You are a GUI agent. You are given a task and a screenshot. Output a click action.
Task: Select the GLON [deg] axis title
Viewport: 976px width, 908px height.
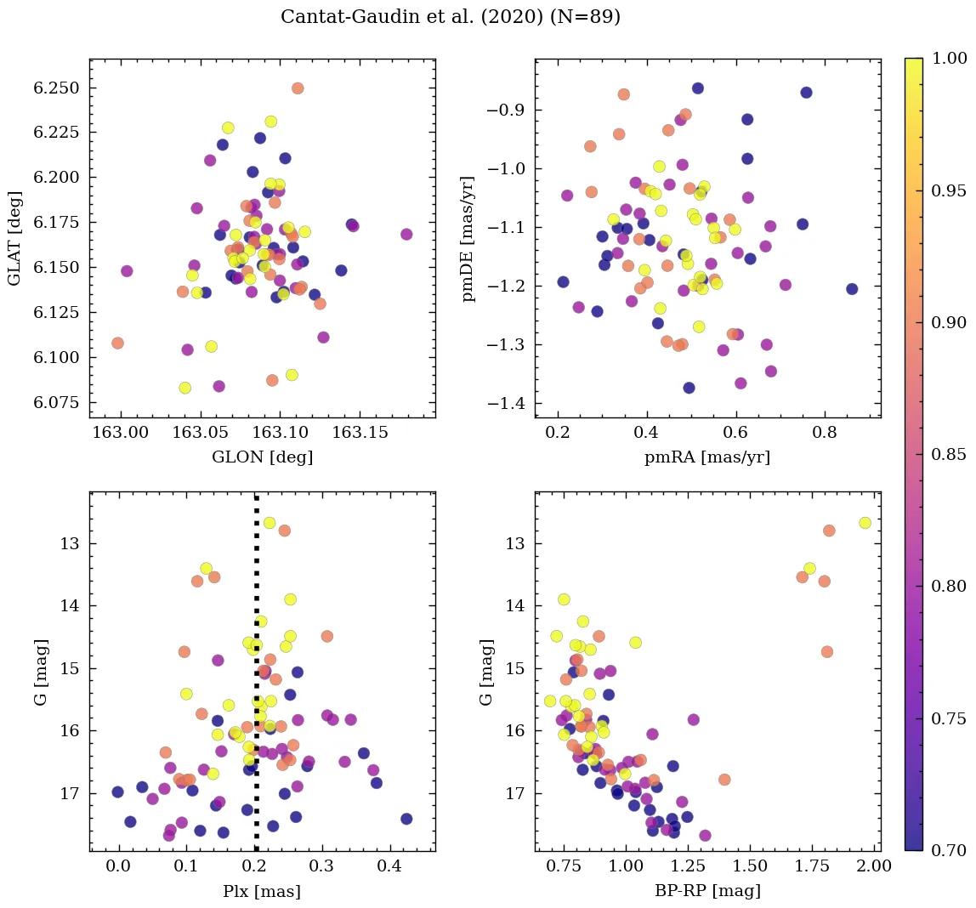pyautogui.click(x=262, y=457)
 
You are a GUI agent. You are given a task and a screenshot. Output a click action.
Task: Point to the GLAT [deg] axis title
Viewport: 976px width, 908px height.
pyautogui.click(x=14, y=238)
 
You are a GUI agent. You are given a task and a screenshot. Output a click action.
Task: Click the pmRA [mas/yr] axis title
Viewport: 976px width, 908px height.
pyautogui.click(x=707, y=457)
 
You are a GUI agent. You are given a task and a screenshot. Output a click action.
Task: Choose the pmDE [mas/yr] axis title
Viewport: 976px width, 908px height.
pyautogui.click(x=468, y=239)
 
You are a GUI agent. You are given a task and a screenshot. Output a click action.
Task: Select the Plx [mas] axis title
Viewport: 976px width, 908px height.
pyautogui.click(x=262, y=891)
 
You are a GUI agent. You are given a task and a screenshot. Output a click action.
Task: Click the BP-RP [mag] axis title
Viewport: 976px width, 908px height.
pyautogui.click(x=707, y=891)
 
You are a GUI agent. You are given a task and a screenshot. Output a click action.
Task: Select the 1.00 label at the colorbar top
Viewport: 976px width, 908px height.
pyautogui.click(x=950, y=58)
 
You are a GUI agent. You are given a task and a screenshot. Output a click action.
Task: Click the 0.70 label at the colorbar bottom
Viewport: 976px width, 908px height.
pyautogui.click(x=950, y=850)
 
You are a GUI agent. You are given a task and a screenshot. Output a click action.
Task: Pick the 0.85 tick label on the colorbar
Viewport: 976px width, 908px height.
pyautogui.click(x=950, y=454)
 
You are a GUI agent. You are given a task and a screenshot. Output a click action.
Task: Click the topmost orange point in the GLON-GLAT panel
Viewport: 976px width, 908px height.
pyautogui.click(x=298, y=88)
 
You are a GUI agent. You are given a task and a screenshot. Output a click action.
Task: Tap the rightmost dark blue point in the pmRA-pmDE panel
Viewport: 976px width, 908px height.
pyautogui.click(x=852, y=289)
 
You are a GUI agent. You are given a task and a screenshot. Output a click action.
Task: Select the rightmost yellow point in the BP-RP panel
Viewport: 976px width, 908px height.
pyautogui.click(x=865, y=523)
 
